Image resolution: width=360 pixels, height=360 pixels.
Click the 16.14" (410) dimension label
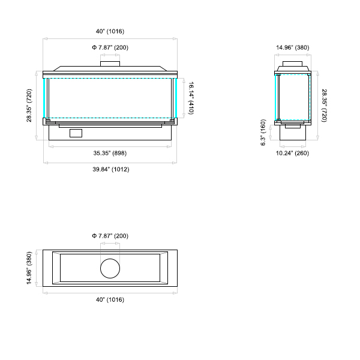[191, 98]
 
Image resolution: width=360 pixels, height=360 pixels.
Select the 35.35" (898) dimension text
[110, 153]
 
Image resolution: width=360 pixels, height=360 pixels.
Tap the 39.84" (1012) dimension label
[111, 169]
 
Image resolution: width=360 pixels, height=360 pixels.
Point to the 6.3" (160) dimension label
[263, 132]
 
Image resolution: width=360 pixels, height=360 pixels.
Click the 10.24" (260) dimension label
[292, 153]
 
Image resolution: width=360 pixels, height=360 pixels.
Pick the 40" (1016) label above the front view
[110, 31]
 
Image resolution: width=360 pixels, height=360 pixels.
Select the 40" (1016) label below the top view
[110, 299]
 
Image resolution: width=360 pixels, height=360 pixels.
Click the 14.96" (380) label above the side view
[293, 47]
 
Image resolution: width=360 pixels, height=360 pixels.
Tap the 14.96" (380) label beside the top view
[29, 268]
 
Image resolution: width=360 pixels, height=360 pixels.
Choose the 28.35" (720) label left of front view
[29, 106]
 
